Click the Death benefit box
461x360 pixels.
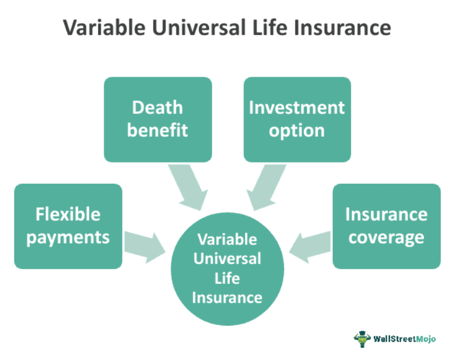coord(157,119)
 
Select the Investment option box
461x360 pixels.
coord(297,119)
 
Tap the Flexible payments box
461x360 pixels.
coord(68,226)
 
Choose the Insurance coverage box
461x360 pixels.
coord(386,226)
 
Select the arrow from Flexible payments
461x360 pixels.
coord(143,244)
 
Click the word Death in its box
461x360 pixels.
coord(157,108)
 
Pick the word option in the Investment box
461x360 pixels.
coord(297,130)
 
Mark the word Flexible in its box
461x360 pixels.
coord(68,215)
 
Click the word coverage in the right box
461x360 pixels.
coord(386,238)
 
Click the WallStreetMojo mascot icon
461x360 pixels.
coord(362,338)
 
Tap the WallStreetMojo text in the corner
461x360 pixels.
coord(404,338)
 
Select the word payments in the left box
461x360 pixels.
coord(68,238)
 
